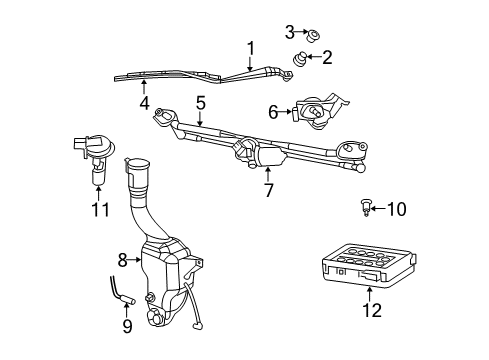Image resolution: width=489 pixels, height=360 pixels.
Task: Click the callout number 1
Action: [x=251, y=46]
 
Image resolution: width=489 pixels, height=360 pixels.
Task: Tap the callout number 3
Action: [x=289, y=32]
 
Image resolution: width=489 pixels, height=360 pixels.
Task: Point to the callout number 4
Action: [x=145, y=102]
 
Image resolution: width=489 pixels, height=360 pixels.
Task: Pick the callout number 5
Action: [x=200, y=102]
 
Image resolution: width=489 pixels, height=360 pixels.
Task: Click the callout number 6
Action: [x=272, y=112]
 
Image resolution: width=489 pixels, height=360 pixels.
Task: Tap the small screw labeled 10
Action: [x=367, y=209]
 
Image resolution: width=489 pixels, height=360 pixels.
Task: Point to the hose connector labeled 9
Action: [x=125, y=295]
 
